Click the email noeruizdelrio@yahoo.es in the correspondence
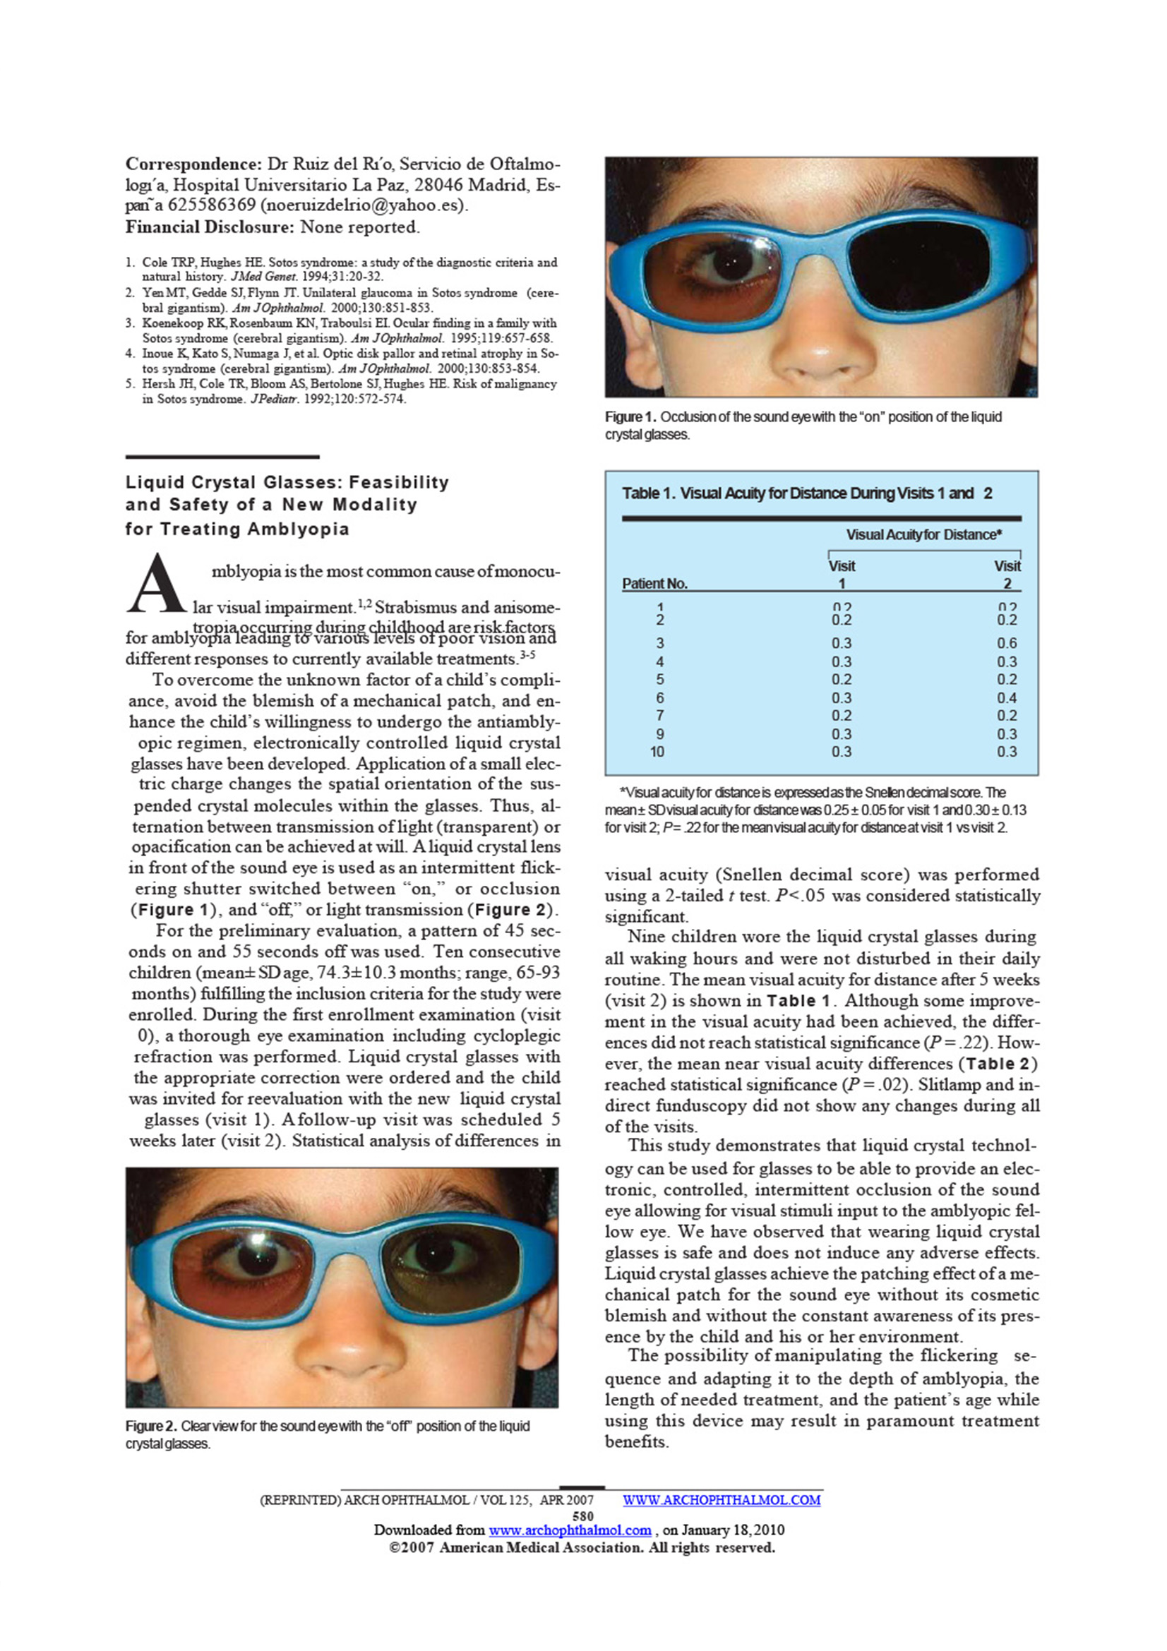[x=363, y=205]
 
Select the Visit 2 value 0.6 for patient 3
[x=1007, y=644]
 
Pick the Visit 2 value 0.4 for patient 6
[x=1007, y=698]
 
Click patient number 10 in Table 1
[x=657, y=752]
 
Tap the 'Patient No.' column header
[x=654, y=584]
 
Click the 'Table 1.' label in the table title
[x=649, y=494]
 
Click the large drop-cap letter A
[x=156, y=584]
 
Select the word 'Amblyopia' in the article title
[x=299, y=529]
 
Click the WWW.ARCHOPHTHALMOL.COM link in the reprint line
[x=722, y=1500]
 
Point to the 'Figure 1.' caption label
[x=630, y=418]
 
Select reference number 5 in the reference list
[x=129, y=385]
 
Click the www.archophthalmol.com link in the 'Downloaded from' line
[x=570, y=1530]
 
